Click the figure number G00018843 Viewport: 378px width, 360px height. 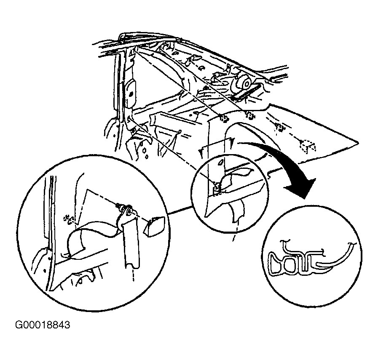(43, 325)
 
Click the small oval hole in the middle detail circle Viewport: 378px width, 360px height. (220, 163)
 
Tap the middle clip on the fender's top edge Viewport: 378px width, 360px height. (250, 116)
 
